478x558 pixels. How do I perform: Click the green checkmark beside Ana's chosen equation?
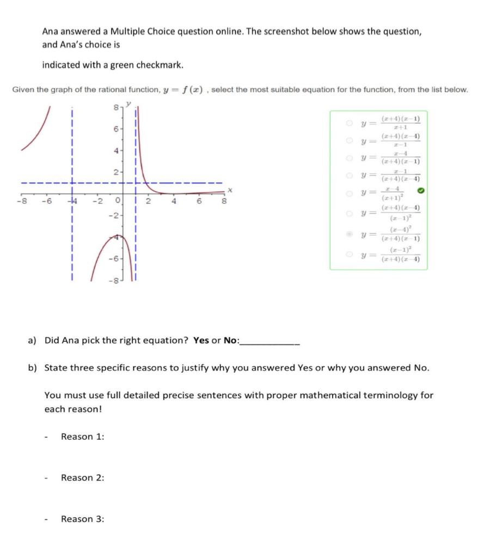click(x=420, y=191)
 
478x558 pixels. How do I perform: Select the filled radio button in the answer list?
click(x=349, y=234)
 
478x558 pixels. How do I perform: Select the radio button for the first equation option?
click(x=349, y=123)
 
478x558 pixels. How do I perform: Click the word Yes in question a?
click(x=201, y=340)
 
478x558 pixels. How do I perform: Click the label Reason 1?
click(x=82, y=436)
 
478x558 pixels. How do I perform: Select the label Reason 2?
click(x=82, y=478)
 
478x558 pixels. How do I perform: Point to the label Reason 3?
click(x=82, y=519)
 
